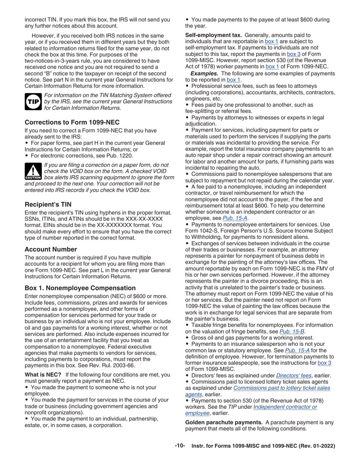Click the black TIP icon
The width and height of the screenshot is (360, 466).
click(33, 102)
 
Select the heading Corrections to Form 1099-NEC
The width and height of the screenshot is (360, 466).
click(72, 122)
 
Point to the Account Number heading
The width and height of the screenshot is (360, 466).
click(51, 249)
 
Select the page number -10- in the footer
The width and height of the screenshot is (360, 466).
click(180, 446)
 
